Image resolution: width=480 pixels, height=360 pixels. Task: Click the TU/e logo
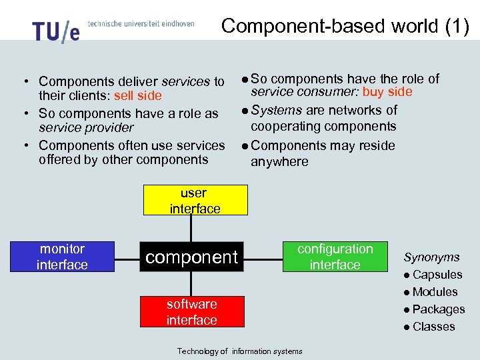[x=55, y=31]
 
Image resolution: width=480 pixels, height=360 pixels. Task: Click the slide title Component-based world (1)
[x=345, y=26]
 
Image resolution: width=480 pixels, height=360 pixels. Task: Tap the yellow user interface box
[x=194, y=201]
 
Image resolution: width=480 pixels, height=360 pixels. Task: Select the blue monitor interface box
[x=62, y=257]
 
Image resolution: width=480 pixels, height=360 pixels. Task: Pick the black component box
[x=191, y=257]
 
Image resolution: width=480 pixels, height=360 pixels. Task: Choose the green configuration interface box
[x=335, y=257]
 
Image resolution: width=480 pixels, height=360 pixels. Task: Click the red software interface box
[x=191, y=312]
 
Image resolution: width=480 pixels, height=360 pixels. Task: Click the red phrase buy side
[x=387, y=92]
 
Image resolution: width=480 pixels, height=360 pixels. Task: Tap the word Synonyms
[x=431, y=257]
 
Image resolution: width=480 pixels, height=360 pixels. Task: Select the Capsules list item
[x=437, y=275]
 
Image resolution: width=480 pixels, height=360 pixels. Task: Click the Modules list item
[x=435, y=292]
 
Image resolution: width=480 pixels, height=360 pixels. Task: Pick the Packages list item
[x=438, y=309]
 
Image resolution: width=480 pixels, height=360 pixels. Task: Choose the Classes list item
[x=433, y=327]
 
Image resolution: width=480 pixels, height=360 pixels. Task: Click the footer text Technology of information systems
[x=239, y=351]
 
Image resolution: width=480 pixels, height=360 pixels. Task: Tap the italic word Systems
[x=277, y=110]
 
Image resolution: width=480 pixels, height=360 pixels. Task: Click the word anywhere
[x=279, y=161]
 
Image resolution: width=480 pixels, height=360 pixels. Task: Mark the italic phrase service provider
[x=86, y=127]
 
